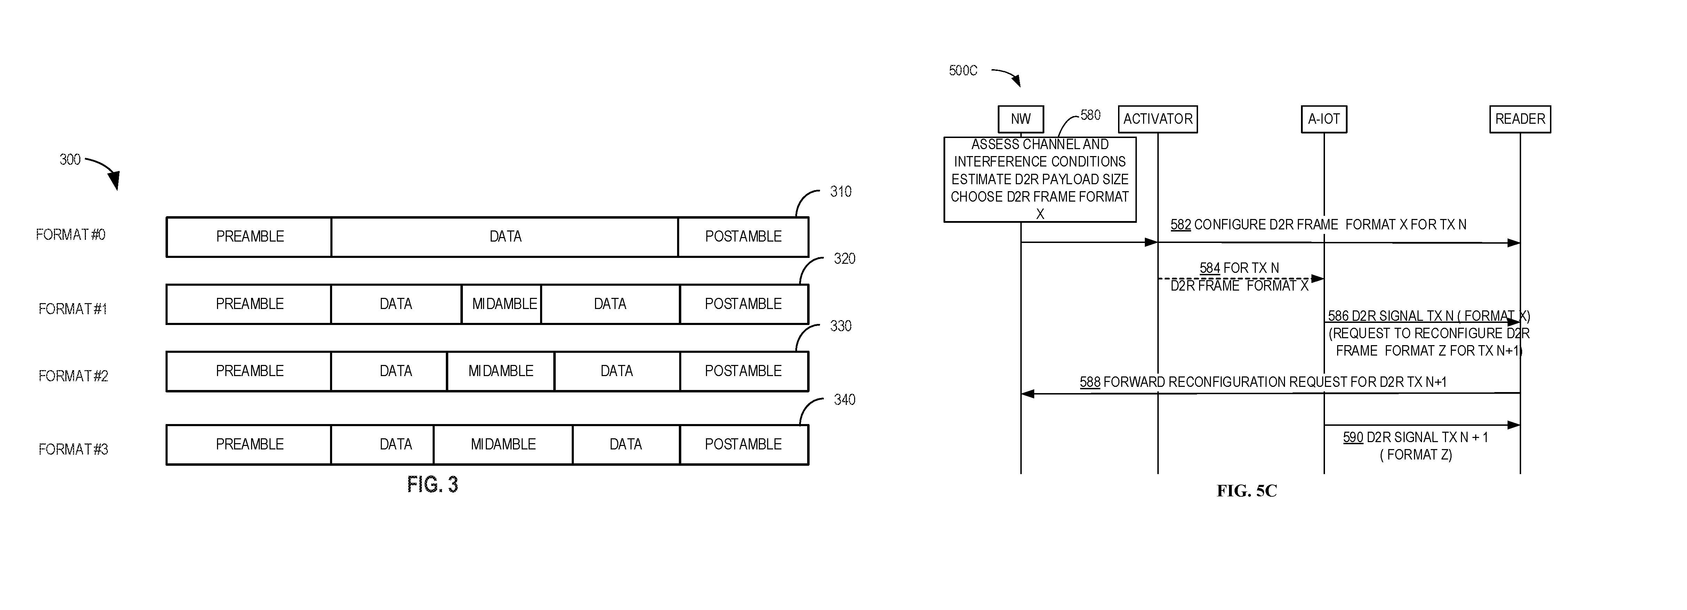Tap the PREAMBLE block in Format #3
click(x=249, y=445)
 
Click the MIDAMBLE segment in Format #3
click(x=503, y=445)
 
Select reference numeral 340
click(x=844, y=400)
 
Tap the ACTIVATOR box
click(x=1158, y=119)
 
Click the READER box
click(x=1520, y=119)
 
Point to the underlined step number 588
click(x=1090, y=382)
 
